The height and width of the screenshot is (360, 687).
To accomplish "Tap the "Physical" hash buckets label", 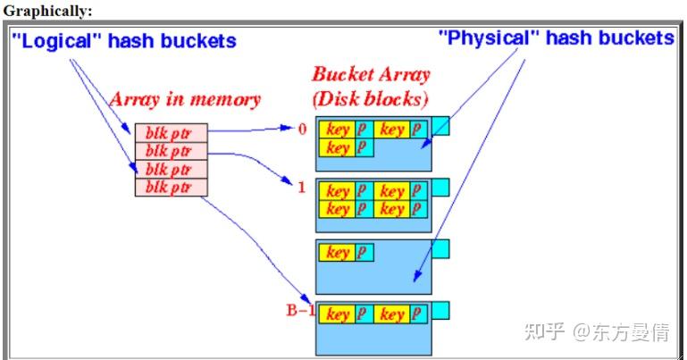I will (x=556, y=38).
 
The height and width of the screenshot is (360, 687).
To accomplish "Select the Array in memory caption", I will (x=185, y=99).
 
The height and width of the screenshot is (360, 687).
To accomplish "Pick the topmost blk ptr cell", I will (x=171, y=133).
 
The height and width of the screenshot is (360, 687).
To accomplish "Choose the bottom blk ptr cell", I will (x=171, y=187).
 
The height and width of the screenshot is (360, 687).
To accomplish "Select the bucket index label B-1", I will (x=300, y=310).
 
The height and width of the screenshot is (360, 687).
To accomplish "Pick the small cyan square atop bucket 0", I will (x=440, y=127).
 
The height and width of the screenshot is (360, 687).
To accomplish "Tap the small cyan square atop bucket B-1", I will (x=440, y=310).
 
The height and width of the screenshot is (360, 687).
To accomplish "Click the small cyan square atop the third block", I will (x=440, y=248).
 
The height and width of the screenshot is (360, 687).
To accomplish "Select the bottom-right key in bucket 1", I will (x=392, y=209).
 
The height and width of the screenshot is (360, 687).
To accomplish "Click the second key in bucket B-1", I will (x=392, y=314).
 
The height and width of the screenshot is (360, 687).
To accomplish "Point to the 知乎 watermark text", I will (x=544, y=333).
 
